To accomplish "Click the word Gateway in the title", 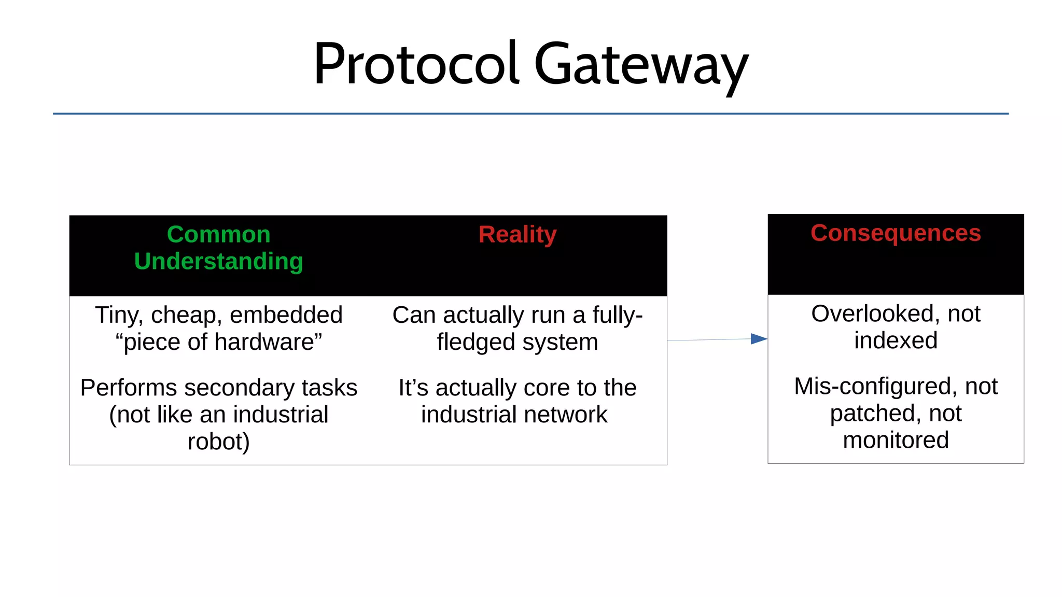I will (641, 65).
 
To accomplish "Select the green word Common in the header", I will (218, 234).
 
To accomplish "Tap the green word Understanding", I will (218, 261).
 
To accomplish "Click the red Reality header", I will (517, 234).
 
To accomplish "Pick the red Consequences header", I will (896, 233).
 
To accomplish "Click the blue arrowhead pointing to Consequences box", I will (759, 339).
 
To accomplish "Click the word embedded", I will (286, 315).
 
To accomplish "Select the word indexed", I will (896, 340).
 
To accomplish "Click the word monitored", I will (896, 440).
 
